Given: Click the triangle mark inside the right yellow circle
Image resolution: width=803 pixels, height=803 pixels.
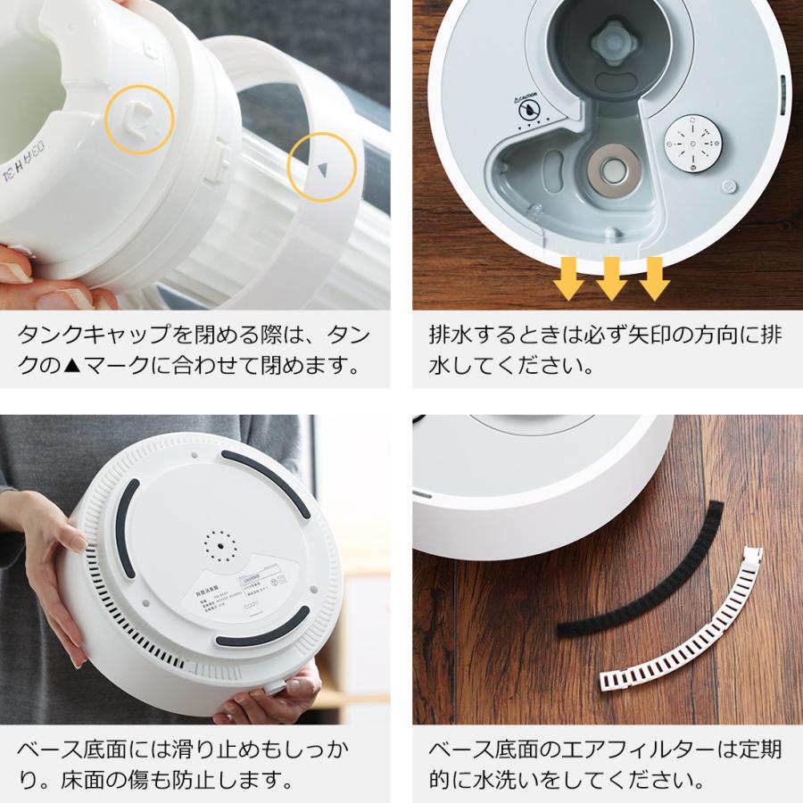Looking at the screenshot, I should (323, 167).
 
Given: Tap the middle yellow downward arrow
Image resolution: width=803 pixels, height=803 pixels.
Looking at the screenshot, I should (611, 278).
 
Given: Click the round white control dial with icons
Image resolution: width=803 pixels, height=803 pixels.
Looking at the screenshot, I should (693, 144).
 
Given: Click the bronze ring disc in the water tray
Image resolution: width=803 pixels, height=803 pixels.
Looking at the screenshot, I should (613, 168).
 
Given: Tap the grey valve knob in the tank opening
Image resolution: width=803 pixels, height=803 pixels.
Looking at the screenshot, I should (617, 41).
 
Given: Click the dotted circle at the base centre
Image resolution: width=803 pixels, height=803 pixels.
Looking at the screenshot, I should (217, 544).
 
